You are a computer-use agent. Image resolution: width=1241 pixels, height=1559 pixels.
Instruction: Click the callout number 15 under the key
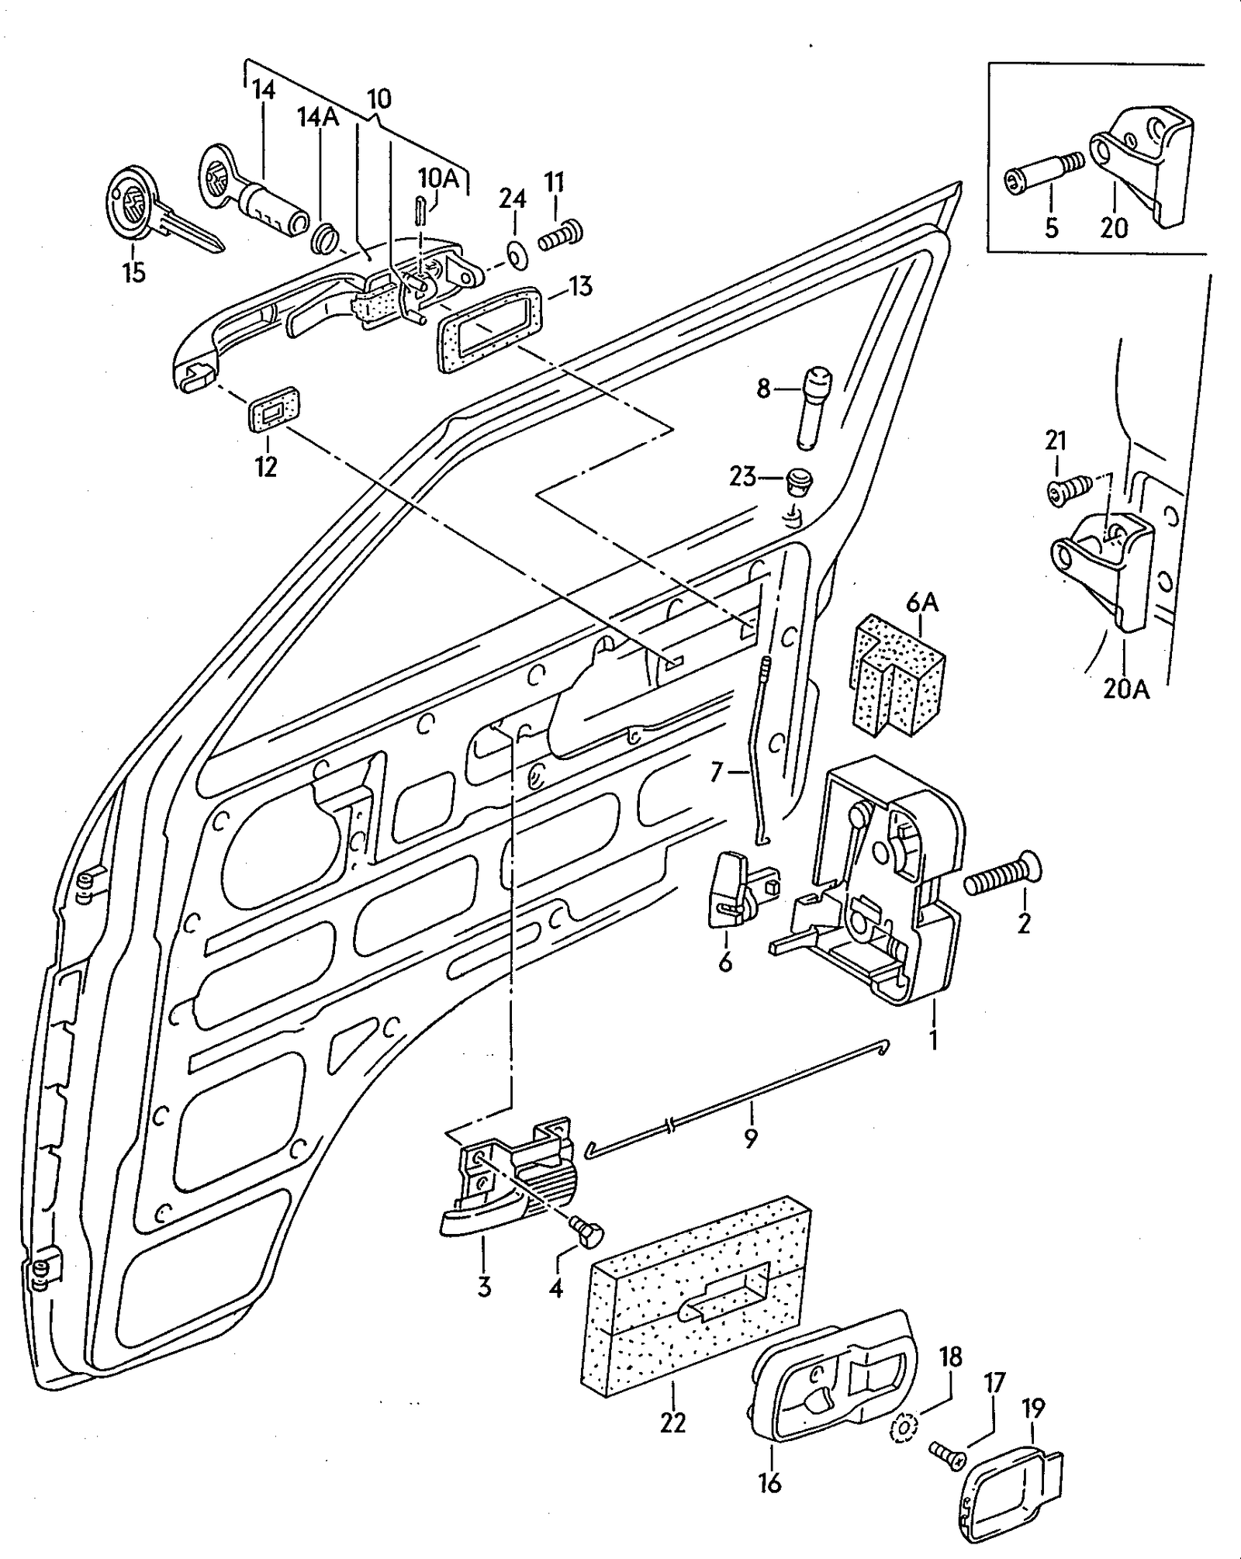(x=133, y=273)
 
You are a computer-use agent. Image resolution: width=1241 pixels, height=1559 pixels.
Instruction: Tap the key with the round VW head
(x=155, y=209)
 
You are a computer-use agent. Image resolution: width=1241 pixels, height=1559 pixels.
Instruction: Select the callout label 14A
(x=318, y=116)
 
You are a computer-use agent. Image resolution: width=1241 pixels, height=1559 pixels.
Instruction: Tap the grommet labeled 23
(x=798, y=481)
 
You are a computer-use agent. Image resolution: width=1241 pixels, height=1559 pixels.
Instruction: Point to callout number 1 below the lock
(x=934, y=1039)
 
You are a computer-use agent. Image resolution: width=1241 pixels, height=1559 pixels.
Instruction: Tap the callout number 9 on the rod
(x=750, y=1138)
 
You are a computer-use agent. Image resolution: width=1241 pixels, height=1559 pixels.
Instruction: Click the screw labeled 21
(x=1070, y=490)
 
